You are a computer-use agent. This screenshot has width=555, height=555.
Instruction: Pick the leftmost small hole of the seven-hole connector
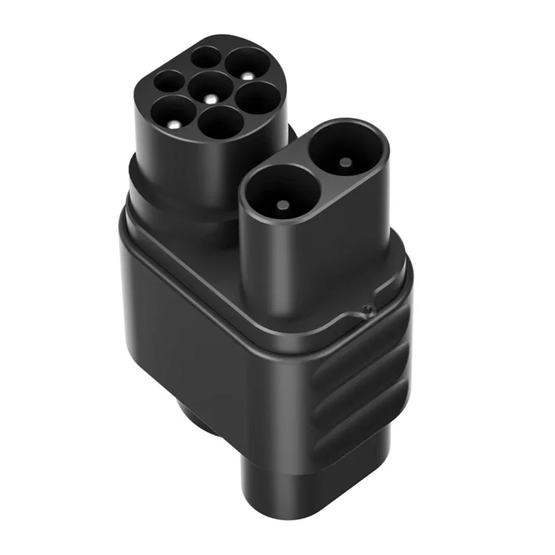click(x=168, y=82)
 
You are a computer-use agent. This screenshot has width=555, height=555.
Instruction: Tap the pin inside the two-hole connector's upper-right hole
click(x=344, y=162)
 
